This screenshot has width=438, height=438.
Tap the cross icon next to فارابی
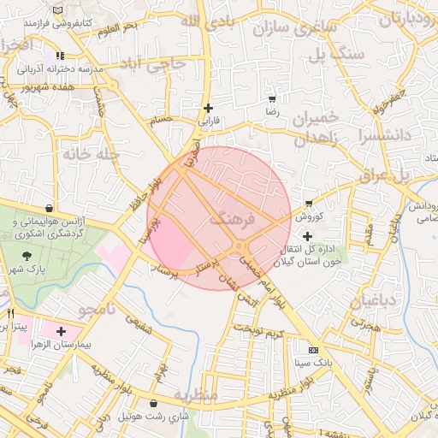coord(208,108)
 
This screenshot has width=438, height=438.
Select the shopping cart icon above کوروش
coord(308,204)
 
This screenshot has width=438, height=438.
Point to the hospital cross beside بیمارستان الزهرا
coord(61,331)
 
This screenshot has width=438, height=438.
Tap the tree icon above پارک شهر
coord(28,255)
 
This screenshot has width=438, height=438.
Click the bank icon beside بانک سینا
coord(313,350)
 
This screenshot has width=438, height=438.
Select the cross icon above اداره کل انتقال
coord(308,235)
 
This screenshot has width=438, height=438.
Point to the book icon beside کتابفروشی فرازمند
coord(57,10)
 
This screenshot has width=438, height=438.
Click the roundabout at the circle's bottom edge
coord(239,248)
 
